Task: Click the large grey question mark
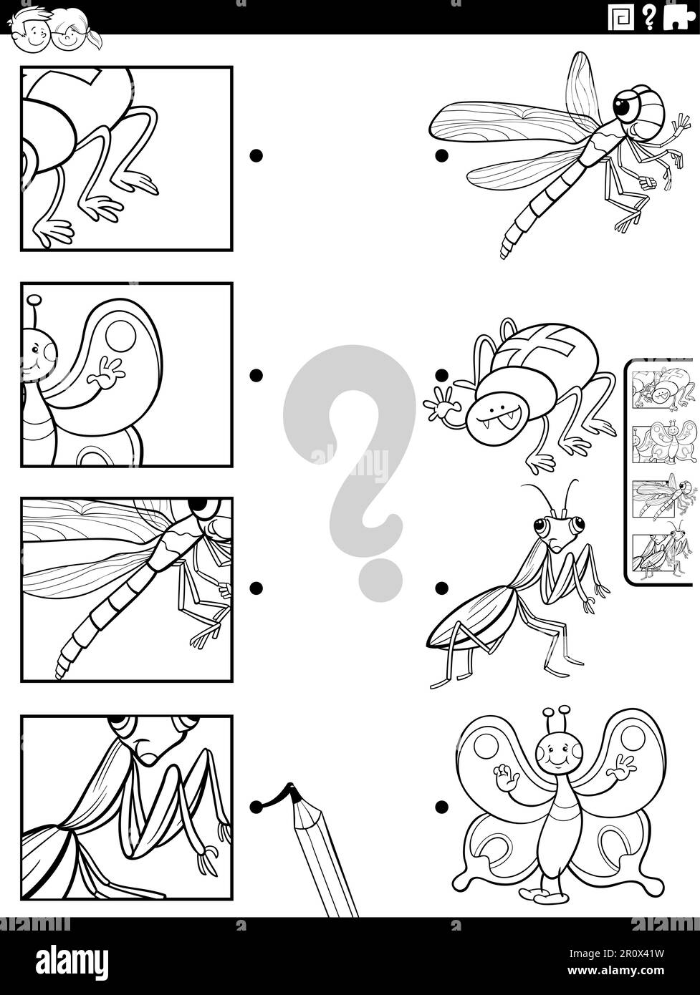coord(349,458)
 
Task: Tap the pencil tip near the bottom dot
coord(291,791)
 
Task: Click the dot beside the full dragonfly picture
coord(441,155)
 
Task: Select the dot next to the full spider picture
coord(441,374)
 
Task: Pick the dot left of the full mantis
coord(441,588)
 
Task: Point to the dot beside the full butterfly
coord(441,807)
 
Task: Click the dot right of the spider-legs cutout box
coord(256,155)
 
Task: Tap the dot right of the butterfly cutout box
coord(256,374)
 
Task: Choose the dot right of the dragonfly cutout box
coord(256,588)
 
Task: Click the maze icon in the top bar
coord(620,17)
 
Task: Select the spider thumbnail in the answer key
coord(665,389)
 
